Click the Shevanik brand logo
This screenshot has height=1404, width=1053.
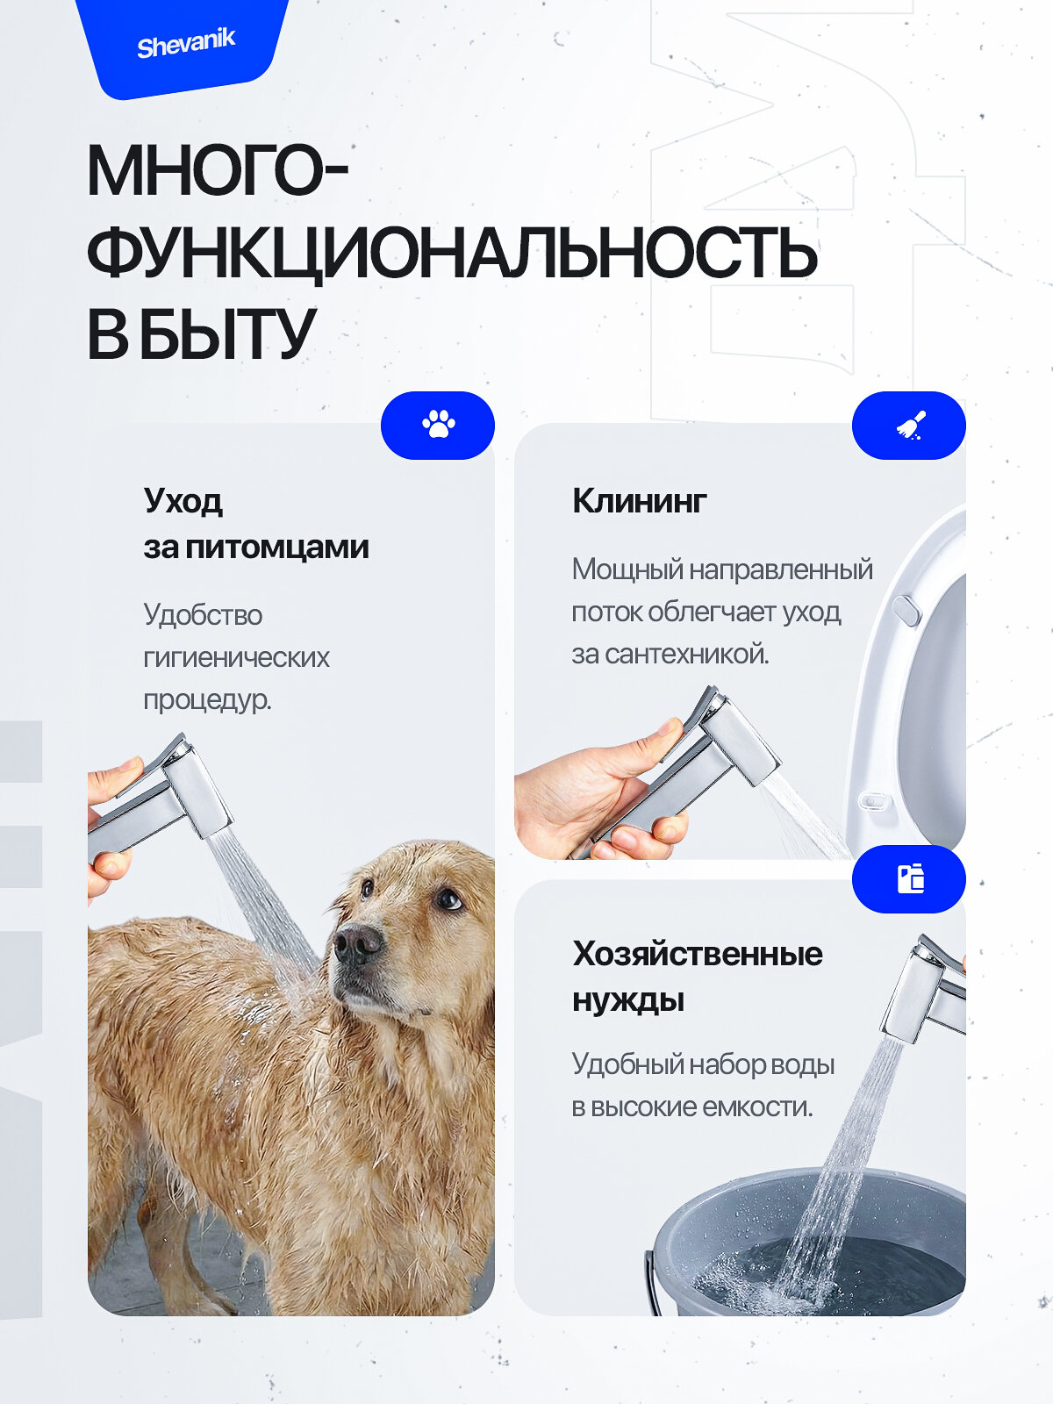coord(186,43)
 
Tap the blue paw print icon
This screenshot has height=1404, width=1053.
coord(438,425)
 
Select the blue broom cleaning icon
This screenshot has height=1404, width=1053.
coord(909,425)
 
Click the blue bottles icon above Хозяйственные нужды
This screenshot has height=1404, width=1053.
coord(909,878)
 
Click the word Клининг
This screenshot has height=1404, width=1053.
coord(639,501)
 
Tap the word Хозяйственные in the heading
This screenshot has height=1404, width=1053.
coord(698,954)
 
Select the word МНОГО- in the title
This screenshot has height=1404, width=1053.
coord(216,172)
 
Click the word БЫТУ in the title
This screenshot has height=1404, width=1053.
coord(226,335)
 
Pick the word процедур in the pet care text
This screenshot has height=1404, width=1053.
coord(207,699)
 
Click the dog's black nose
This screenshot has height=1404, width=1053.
coord(357,944)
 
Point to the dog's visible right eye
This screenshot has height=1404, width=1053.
coord(448,899)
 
